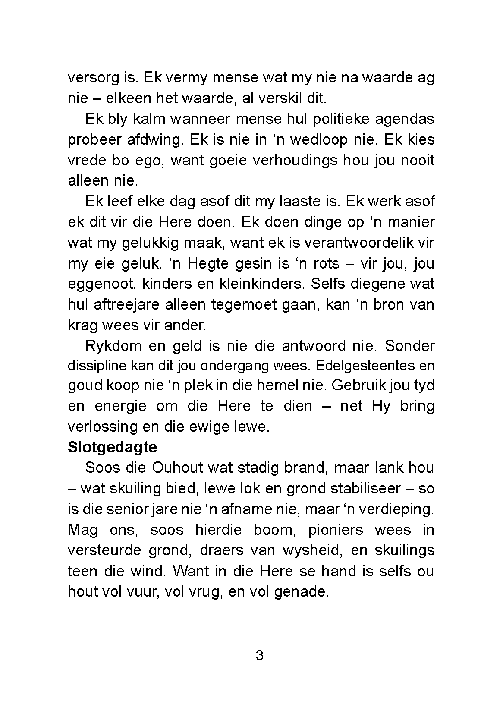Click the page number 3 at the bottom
click(260, 656)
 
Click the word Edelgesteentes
click(368, 366)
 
